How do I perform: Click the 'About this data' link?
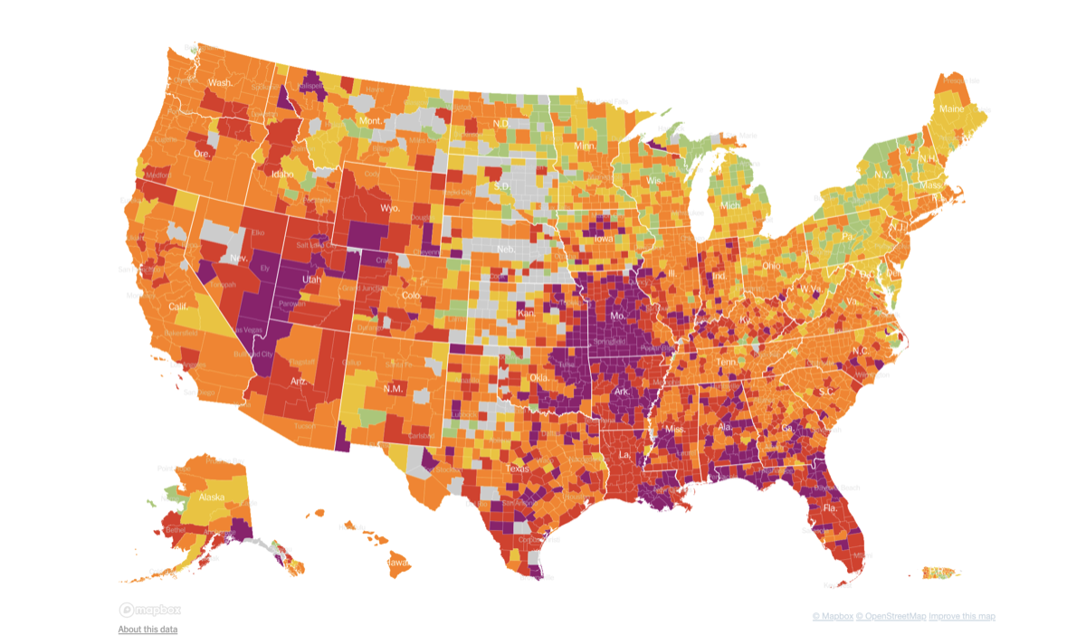[148, 630]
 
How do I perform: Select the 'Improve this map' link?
[961, 617]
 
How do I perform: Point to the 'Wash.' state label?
[220, 83]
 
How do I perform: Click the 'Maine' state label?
[951, 109]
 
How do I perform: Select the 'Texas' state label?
[517, 469]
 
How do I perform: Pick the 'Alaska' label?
[211, 497]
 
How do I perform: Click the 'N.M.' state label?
[393, 389]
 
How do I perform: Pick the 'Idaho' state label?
[283, 173]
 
